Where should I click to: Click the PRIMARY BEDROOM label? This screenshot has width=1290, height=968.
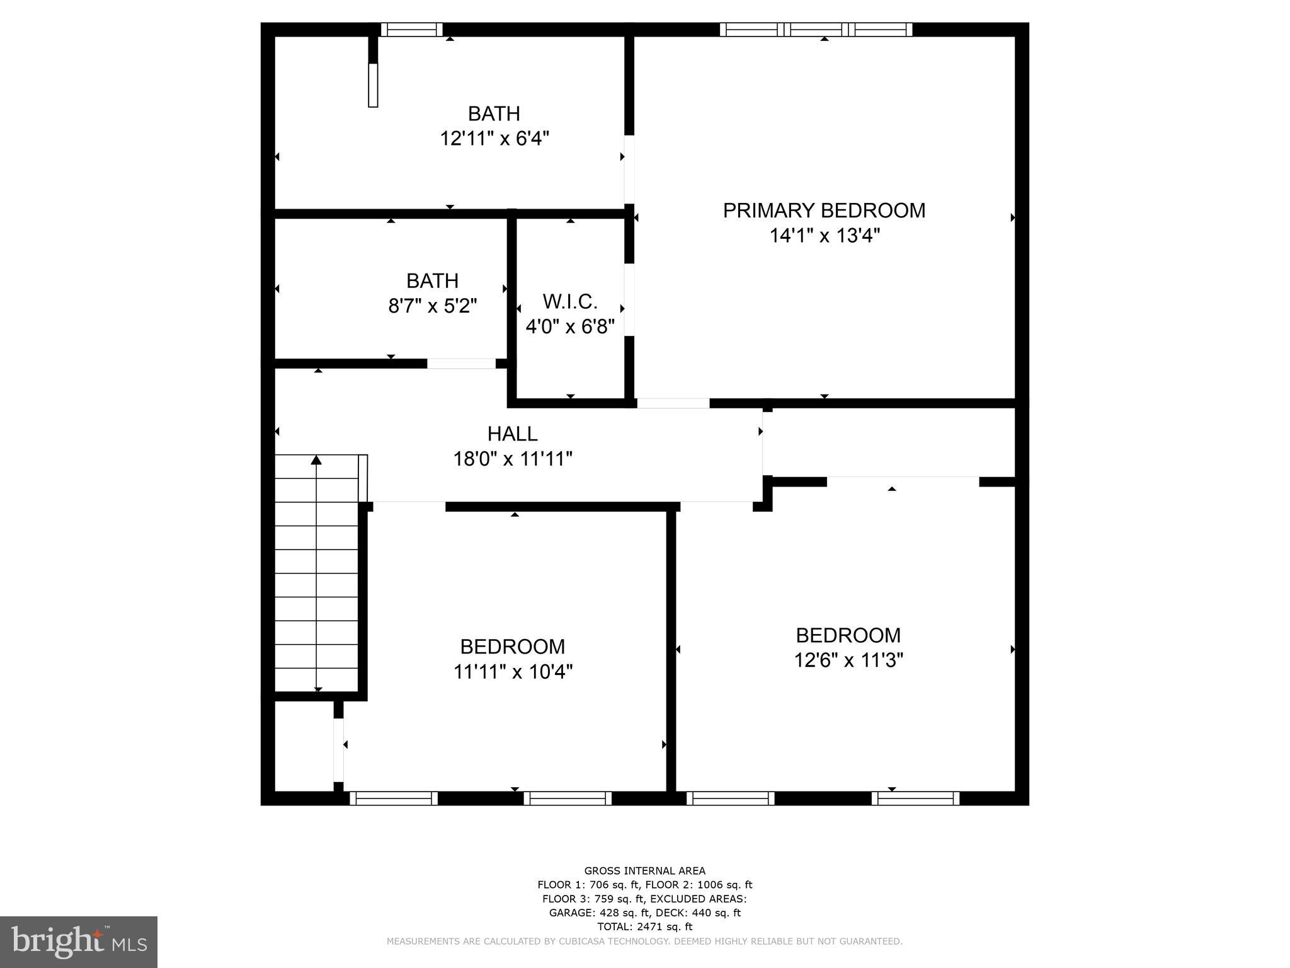824,210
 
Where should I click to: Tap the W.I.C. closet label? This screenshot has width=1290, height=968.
570,302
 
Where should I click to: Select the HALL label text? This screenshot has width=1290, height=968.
512,434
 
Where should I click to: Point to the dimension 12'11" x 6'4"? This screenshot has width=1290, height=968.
494,139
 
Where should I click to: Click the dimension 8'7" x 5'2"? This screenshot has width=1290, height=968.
433,306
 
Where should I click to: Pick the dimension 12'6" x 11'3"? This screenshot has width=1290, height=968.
848,660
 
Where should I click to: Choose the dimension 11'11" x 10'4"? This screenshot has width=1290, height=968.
513,672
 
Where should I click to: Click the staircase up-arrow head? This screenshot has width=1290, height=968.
316,460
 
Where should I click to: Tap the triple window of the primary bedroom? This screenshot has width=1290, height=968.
816,29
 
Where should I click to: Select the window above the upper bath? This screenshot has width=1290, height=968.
412,29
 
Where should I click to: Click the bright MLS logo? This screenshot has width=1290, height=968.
79,942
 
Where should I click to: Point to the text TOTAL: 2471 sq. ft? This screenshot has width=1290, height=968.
644,926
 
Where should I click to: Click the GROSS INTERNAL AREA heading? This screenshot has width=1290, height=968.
644,871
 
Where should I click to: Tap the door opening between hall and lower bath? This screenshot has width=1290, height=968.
462,364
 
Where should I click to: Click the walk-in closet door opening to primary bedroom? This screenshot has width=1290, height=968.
629,299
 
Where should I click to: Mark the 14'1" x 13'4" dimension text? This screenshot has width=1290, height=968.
824,236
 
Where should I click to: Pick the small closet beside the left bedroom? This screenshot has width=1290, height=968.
304,746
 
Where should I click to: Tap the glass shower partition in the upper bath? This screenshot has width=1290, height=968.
373,84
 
